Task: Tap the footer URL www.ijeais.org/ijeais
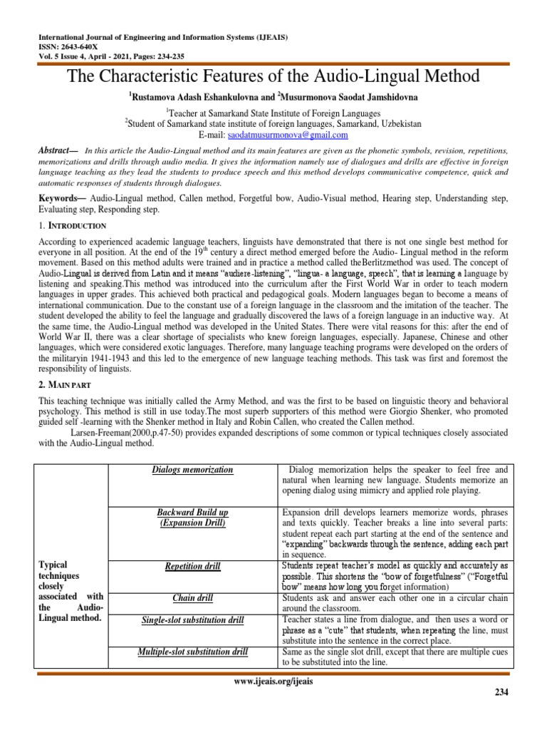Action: tap(273, 681)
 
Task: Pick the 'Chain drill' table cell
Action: tap(192, 597)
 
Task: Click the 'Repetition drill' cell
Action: tap(192, 567)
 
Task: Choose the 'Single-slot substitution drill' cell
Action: tap(192, 620)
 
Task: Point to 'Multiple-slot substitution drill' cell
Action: tap(192, 652)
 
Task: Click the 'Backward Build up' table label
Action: tap(192, 513)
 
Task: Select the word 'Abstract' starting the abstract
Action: tap(56, 150)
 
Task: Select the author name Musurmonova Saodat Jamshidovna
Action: tap(344, 95)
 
